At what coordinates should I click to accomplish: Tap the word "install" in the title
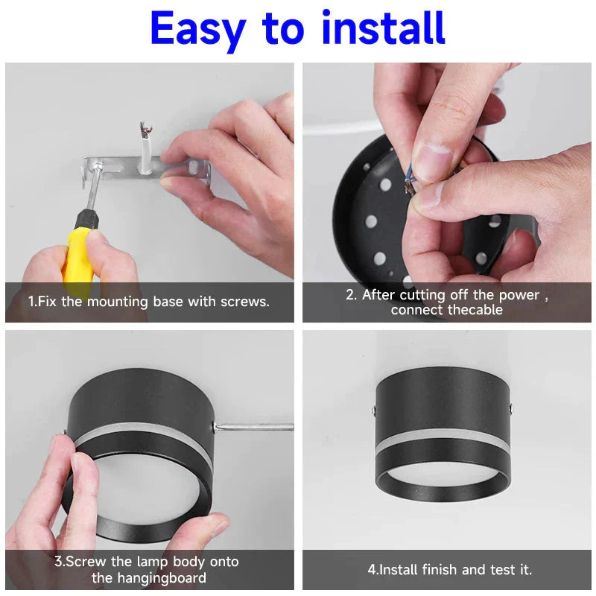383,30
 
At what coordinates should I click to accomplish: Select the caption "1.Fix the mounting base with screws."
149,302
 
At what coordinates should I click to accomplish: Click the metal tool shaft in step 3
253,427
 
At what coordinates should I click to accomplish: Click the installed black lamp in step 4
443,432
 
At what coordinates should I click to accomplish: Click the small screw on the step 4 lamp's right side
511,407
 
